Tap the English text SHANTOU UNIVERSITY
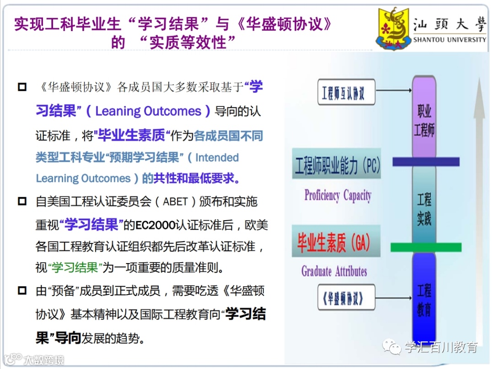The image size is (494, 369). point(450,40)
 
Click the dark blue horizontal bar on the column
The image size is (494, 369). point(426,161)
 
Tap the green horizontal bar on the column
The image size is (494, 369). point(426,247)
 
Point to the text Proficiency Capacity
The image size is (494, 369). point(338,196)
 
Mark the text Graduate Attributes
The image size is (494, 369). point(334,271)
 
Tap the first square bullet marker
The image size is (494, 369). point(22,86)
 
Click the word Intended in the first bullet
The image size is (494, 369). point(217,158)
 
